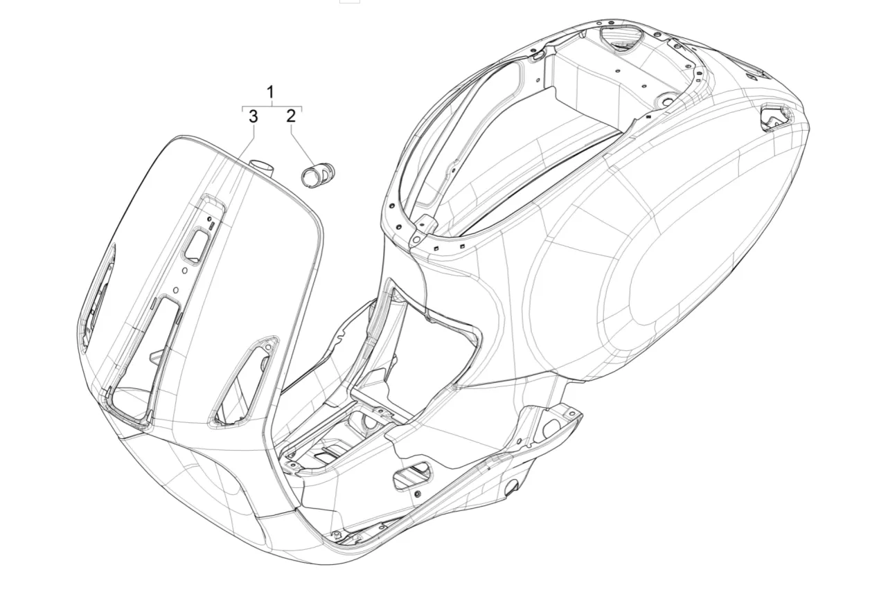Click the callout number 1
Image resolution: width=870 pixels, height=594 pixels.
[x=271, y=92]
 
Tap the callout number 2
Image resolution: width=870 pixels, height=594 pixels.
[x=291, y=116]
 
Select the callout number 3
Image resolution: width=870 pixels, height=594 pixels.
[x=254, y=116]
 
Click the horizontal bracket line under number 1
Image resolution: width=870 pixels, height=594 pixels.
[x=272, y=108]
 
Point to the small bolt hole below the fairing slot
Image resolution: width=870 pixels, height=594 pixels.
[x=418, y=493]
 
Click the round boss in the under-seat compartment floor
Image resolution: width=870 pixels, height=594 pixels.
[x=666, y=102]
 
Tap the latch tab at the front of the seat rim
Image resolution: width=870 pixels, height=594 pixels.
[x=423, y=229]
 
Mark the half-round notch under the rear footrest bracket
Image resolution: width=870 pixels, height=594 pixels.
[x=511, y=489]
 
